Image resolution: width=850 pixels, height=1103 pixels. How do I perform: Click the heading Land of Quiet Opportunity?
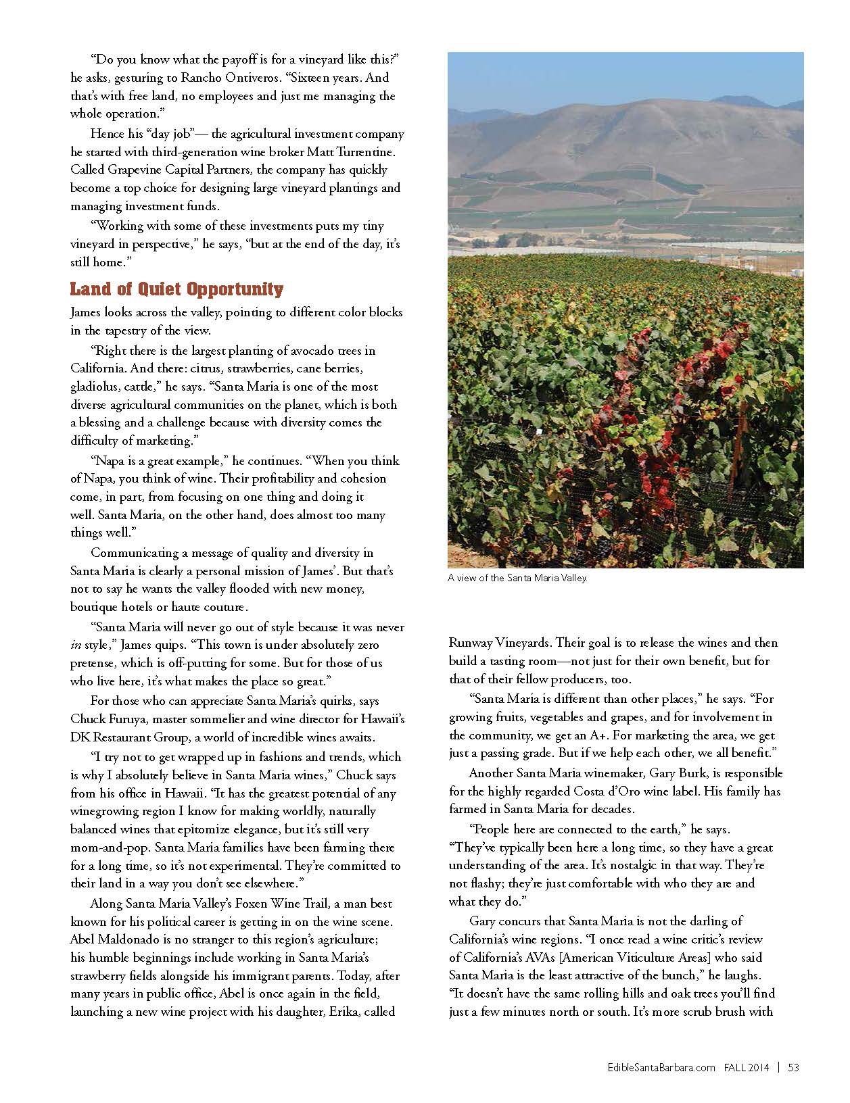176,290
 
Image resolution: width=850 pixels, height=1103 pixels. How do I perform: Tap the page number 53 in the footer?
794,1068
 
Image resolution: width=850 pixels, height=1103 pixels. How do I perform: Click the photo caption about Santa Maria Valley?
517,579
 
